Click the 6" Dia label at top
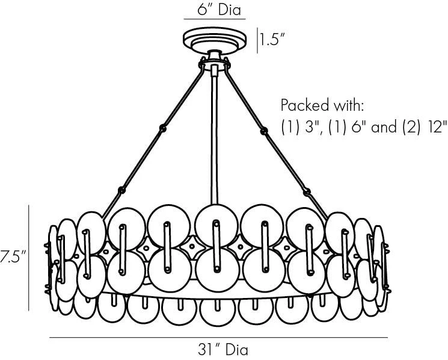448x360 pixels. point(219,10)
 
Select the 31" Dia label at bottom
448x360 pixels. point(223,349)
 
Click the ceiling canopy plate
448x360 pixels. point(215,40)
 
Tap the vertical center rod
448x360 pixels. point(215,135)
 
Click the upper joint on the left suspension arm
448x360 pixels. point(163,128)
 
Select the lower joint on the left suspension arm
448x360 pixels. point(121,190)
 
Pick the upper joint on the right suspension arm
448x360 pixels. point(263,131)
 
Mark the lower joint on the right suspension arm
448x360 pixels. point(307,191)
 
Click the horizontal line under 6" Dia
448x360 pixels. point(215,19)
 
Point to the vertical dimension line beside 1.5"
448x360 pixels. point(257,40)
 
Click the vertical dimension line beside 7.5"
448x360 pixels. point(29,258)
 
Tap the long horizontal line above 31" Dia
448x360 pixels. point(218,338)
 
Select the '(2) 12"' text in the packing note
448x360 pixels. point(425,126)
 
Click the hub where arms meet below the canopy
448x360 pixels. point(215,63)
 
